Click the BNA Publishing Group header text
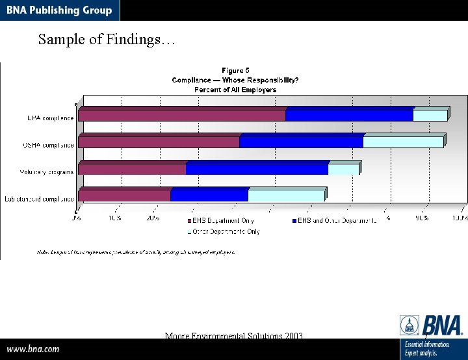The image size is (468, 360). tap(59, 10)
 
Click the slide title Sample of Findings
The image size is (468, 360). tap(107, 40)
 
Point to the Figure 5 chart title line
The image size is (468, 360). tap(235, 70)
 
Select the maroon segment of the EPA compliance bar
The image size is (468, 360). tap(182, 115)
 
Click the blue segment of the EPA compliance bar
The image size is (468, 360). tap(349, 115)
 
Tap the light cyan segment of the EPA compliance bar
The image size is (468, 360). tap(430, 115)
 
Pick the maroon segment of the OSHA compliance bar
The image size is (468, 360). tap(159, 142)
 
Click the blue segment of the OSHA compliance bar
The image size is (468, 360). tap(301, 142)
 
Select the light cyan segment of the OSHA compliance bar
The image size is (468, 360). tap(403, 142)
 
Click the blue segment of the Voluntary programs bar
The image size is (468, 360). tap(257, 169)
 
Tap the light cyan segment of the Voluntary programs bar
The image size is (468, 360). tap(343, 169)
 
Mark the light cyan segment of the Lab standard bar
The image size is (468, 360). tap(286, 195)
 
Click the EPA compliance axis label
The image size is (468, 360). tap(50, 118)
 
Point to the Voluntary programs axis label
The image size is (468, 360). tap(47, 172)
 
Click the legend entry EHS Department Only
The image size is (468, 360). tap(221, 221)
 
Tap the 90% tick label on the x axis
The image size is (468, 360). tap(422, 218)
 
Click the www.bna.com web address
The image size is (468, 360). tap(33, 349)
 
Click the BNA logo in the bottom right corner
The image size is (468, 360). tap(432, 325)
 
